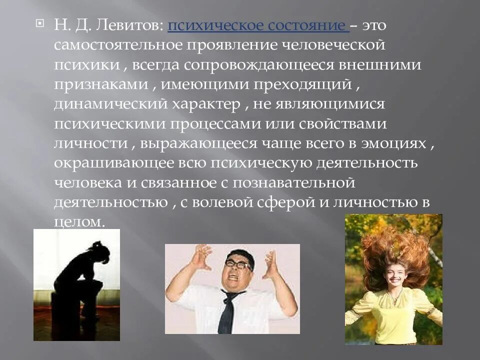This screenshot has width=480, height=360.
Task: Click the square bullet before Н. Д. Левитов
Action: click(x=42, y=23)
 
